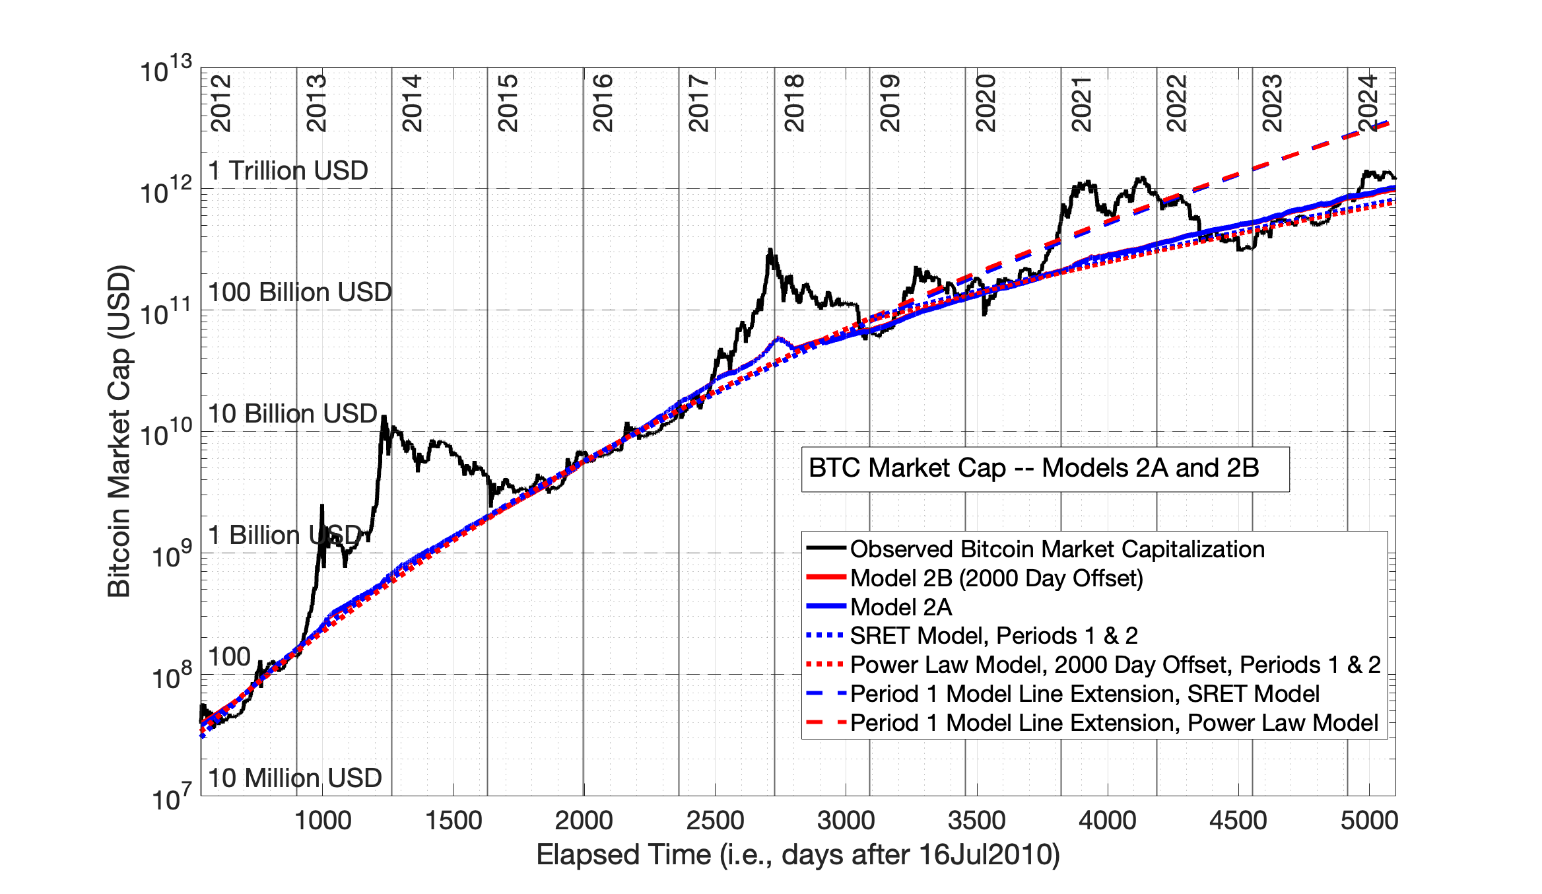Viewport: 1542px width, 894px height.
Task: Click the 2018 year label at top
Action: coord(794,103)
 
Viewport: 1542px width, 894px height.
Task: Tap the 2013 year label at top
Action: coord(316,103)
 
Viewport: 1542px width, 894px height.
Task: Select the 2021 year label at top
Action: coord(1081,103)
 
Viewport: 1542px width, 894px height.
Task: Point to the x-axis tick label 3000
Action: coord(846,821)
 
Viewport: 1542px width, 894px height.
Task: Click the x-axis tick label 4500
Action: coord(1238,821)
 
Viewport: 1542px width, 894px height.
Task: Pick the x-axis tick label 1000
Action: coord(322,821)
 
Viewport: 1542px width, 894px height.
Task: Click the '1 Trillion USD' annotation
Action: coord(288,171)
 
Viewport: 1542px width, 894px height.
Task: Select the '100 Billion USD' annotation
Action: coord(300,292)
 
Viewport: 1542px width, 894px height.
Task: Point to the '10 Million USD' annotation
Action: coord(295,778)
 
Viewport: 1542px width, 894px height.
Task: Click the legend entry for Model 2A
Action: coord(900,607)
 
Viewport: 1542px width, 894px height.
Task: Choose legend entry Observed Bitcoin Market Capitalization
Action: coord(1056,549)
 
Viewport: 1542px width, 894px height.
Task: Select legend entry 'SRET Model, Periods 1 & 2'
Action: coord(993,636)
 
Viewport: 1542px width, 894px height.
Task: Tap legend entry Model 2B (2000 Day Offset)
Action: coord(996,578)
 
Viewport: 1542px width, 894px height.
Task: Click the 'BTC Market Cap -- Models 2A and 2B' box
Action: coord(1044,469)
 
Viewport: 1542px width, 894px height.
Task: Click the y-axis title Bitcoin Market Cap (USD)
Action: coord(119,431)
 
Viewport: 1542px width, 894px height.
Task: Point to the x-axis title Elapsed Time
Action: coord(797,855)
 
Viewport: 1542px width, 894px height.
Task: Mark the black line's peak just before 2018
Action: coord(770,250)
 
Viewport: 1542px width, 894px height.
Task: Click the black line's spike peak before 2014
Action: coord(384,417)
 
